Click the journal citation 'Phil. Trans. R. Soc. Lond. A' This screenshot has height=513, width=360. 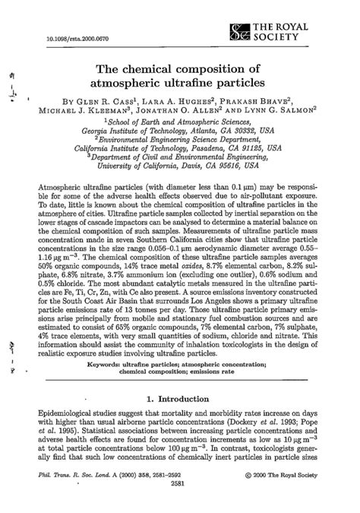click(x=90, y=494)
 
